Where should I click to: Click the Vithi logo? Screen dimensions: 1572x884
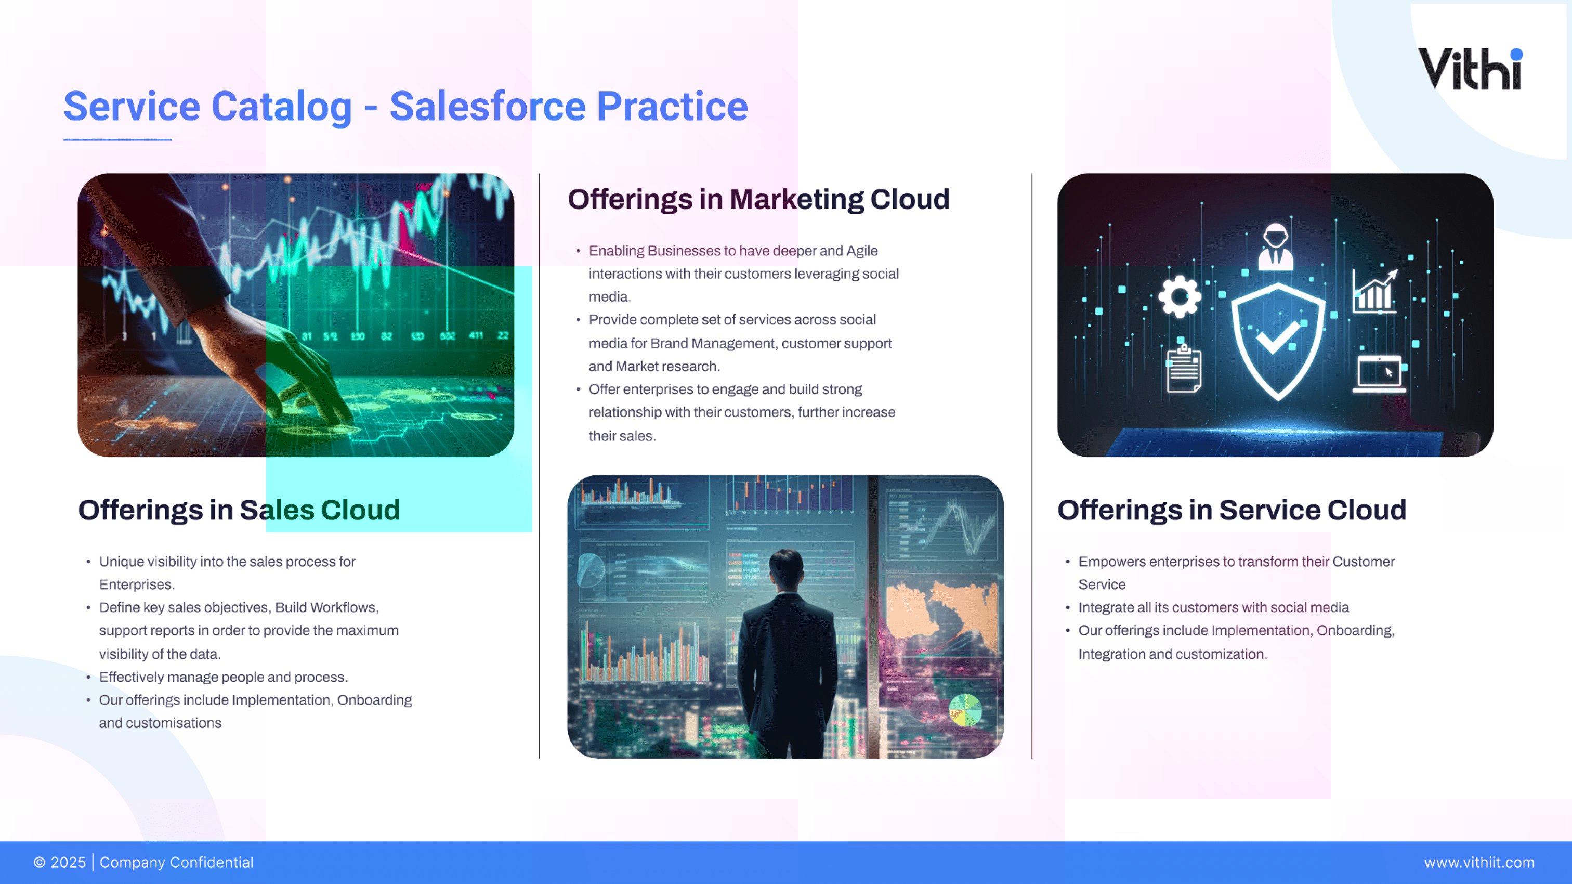(x=1471, y=68)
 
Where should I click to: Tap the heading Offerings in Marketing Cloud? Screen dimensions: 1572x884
(x=758, y=199)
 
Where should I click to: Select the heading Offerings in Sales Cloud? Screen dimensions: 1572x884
(x=239, y=510)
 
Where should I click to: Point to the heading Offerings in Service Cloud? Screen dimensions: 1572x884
(x=1232, y=510)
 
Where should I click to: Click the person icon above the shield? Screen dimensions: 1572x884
(x=1276, y=247)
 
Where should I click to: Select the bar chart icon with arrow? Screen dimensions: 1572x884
(x=1374, y=291)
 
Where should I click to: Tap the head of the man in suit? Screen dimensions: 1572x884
(x=785, y=568)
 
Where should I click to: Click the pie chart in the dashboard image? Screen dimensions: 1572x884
(x=965, y=710)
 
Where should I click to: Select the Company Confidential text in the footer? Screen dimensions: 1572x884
(x=176, y=863)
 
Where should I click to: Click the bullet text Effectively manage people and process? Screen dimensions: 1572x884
(x=224, y=677)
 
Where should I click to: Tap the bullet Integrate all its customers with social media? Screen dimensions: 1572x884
(x=1214, y=607)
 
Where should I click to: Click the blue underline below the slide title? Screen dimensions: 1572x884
(x=117, y=140)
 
